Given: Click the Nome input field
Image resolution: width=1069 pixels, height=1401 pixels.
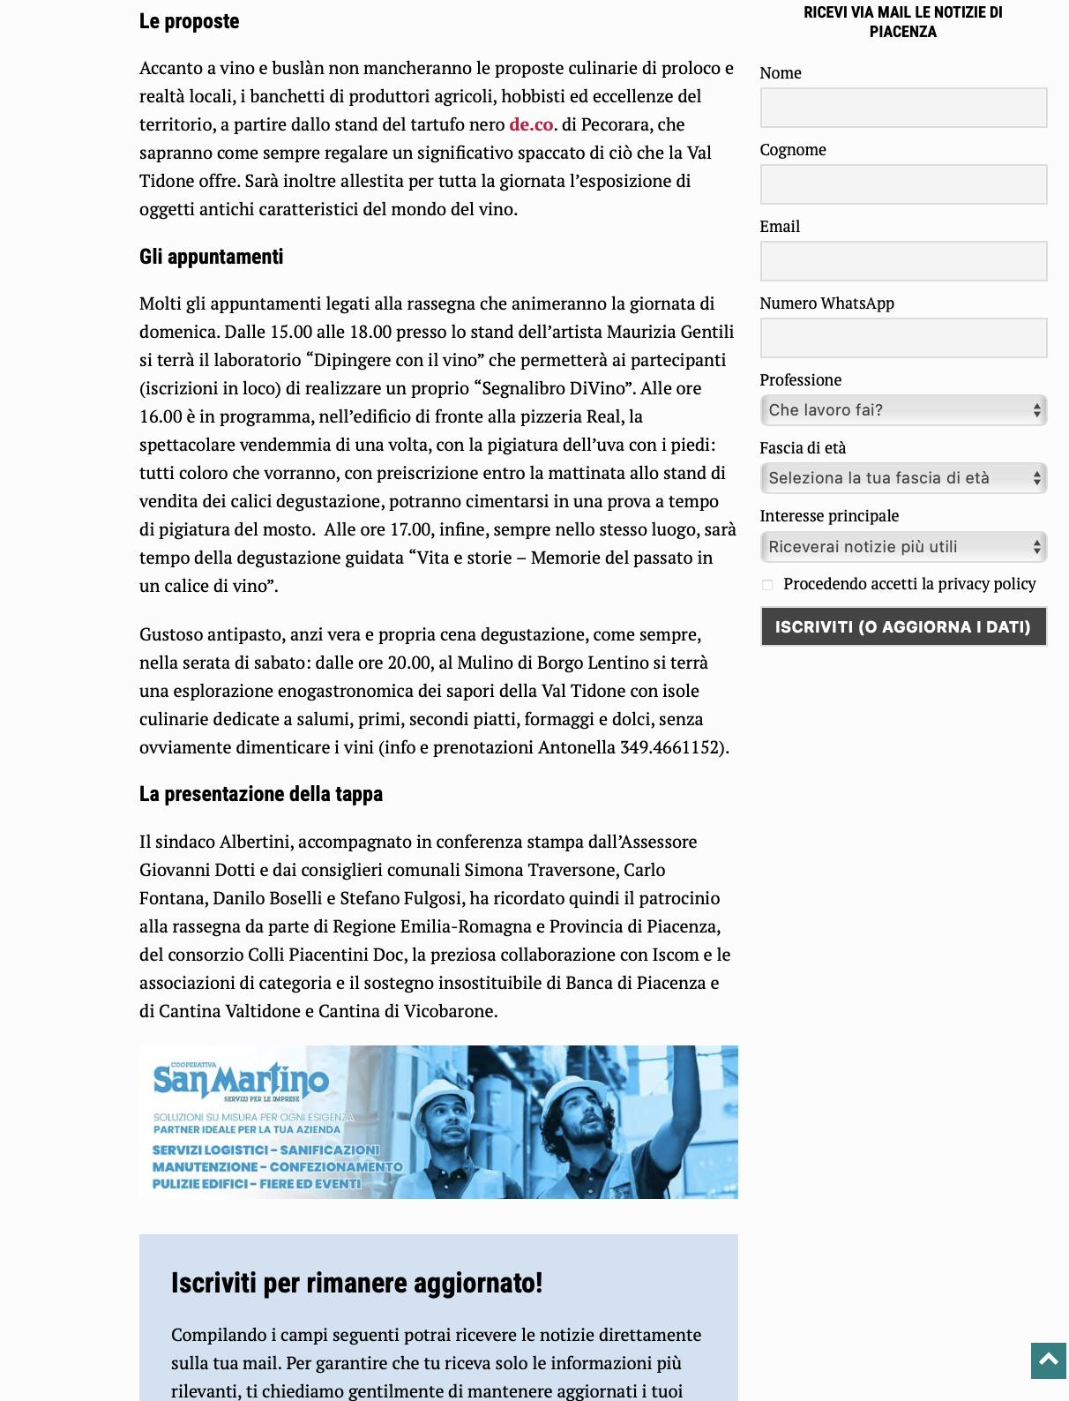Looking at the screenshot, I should (x=903, y=108).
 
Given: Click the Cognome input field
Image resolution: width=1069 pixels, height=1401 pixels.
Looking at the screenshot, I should (x=903, y=184).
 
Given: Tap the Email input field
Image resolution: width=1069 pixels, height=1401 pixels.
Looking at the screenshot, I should (x=903, y=261).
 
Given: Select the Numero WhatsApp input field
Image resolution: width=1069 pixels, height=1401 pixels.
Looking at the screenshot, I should (x=903, y=338).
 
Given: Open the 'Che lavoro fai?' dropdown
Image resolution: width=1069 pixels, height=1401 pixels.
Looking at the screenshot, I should (x=903, y=410).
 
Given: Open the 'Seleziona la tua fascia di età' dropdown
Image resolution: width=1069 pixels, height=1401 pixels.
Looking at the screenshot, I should (x=903, y=478).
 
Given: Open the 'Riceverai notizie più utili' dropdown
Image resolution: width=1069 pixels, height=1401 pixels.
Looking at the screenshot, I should (x=903, y=547).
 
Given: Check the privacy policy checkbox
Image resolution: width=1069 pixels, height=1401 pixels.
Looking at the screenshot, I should (x=767, y=585).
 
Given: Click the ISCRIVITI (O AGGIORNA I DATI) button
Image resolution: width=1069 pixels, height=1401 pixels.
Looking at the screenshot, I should (x=903, y=627).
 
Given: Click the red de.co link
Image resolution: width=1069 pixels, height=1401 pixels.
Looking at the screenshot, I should (x=531, y=124).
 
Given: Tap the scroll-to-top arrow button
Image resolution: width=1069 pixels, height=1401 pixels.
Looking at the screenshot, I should (x=1049, y=1360).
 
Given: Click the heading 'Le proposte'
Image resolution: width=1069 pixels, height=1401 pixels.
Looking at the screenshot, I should (x=190, y=21).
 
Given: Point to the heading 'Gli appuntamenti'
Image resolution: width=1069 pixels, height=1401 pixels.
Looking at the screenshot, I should (x=212, y=257).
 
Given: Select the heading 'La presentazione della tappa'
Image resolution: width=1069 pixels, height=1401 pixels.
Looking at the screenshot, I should (x=261, y=794).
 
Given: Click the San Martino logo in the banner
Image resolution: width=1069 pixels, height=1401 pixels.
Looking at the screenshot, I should (x=240, y=1080).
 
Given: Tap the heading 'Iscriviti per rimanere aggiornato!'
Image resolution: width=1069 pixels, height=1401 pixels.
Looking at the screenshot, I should (x=356, y=1283).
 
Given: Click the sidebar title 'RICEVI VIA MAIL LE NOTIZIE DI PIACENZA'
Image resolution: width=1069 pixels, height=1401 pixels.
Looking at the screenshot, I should (x=902, y=22).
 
